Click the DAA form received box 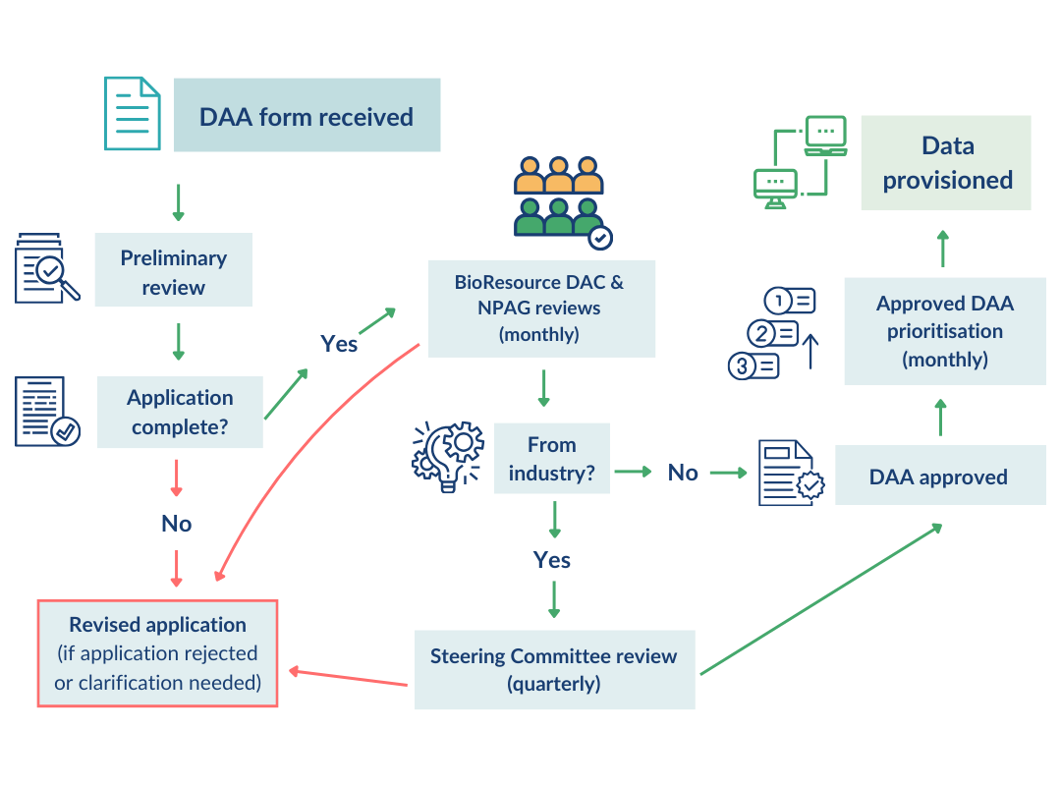307,116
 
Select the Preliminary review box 174,271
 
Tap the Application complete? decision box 180,412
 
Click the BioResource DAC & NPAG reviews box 539,308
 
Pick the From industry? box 551,459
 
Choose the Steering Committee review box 553,669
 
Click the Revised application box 157,653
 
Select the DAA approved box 939,477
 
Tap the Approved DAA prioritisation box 944,331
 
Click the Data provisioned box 946,163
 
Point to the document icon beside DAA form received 133,114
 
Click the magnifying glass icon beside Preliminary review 46,268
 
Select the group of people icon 560,198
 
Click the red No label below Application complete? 177,524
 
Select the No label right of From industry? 683,473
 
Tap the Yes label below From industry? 552,560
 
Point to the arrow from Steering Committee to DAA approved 820,600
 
